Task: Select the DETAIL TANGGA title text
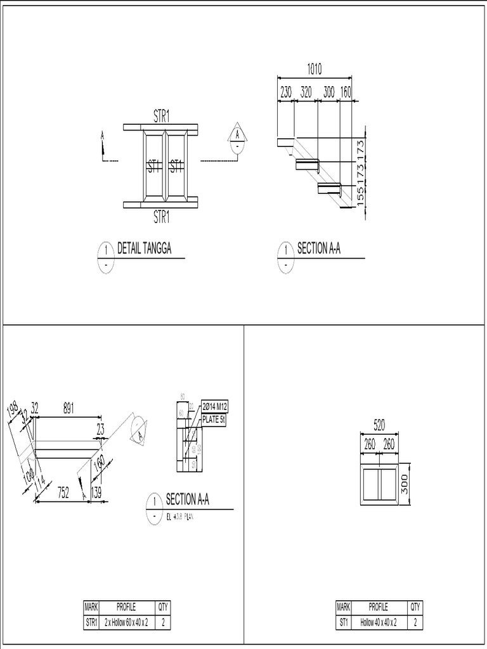(x=145, y=249)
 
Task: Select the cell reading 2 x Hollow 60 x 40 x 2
(x=126, y=623)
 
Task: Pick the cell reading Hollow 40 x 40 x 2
(x=379, y=623)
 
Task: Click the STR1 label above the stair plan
(x=161, y=115)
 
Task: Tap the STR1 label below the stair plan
(x=161, y=218)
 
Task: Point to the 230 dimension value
(x=286, y=92)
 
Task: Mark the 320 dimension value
(x=306, y=92)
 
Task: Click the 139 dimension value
(x=96, y=492)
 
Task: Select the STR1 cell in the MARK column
(x=91, y=623)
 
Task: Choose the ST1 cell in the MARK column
(x=343, y=623)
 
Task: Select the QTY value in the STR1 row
(x=163, y=623)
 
